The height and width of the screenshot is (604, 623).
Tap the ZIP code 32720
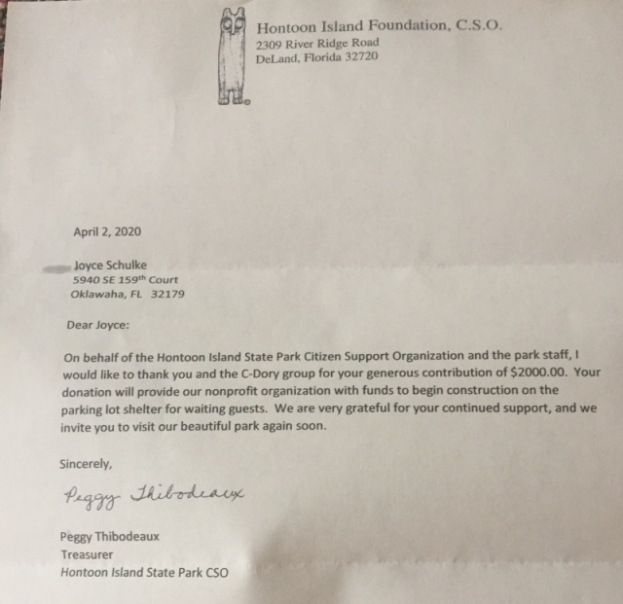pos(358,57)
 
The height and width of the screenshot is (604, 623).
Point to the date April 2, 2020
pos(107,231)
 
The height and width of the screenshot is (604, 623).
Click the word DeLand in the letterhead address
pos(275,57)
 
